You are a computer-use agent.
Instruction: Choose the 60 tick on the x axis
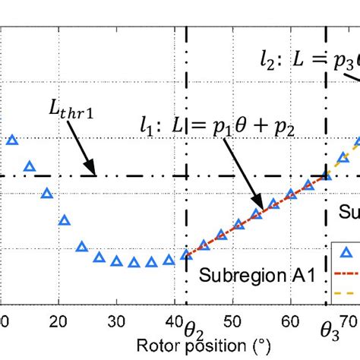291,321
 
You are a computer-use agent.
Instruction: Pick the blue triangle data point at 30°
116,261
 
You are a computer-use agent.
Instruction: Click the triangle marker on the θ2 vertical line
186,254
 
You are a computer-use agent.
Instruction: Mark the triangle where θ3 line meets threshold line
326,175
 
